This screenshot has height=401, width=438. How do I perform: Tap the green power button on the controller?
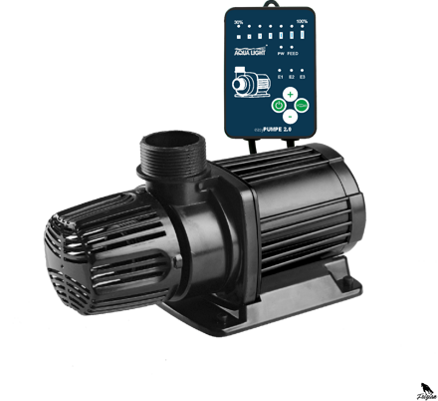[x=280, y=105]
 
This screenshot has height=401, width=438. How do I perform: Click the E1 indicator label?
[x=281, y=76]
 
